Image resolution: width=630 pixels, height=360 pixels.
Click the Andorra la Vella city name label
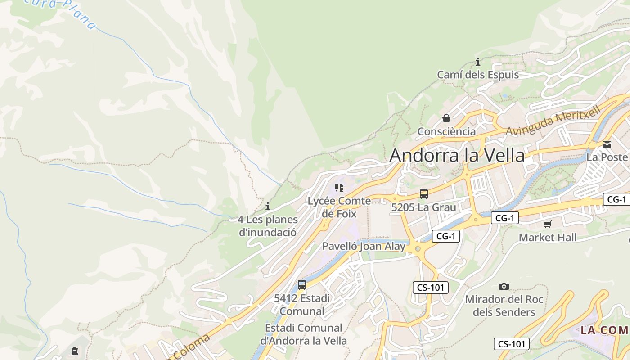pyautogui.click(x=457, y=156)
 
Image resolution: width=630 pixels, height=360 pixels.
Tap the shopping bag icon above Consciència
pyautogui.click(x=446, y=118)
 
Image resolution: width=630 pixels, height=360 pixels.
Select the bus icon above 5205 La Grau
pyautogui.click(x=423, y=194)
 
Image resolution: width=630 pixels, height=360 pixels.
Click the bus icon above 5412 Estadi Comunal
pyautogui.click(x=302, y=284)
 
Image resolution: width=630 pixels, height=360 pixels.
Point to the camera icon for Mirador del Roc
pyautogui.click(x=504, y=286)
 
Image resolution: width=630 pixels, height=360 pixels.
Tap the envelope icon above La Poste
pyautogui.click(x=607, y=144)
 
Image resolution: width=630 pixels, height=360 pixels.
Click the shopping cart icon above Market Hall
pyautogui.click(x=547, y=224)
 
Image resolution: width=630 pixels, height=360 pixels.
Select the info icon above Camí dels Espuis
pyautogui.click(x=478, y=62)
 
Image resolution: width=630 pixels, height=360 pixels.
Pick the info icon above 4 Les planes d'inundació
pyautogui.click(x=268, y=206)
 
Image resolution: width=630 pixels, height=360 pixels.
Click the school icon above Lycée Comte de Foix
pyautogui.click(x=339, y=187)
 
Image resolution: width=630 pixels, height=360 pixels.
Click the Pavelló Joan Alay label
pyautogui.click(x=364, y=246)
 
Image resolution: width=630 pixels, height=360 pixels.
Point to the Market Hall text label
pyautogui.click(x=547, y=237)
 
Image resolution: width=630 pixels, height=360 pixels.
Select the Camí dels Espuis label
pyautogui.click(x=478, y=75)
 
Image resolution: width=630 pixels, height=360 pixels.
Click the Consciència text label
pyautogui.click(x=446, y=131)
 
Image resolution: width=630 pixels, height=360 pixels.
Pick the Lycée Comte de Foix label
pyautogui.click(x=339, y=207)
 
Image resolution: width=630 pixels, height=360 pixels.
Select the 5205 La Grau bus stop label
pyautogui.click(x=423, y=207)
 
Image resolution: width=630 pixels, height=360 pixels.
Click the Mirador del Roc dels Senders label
pyautogui.click(x=504, y=306)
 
